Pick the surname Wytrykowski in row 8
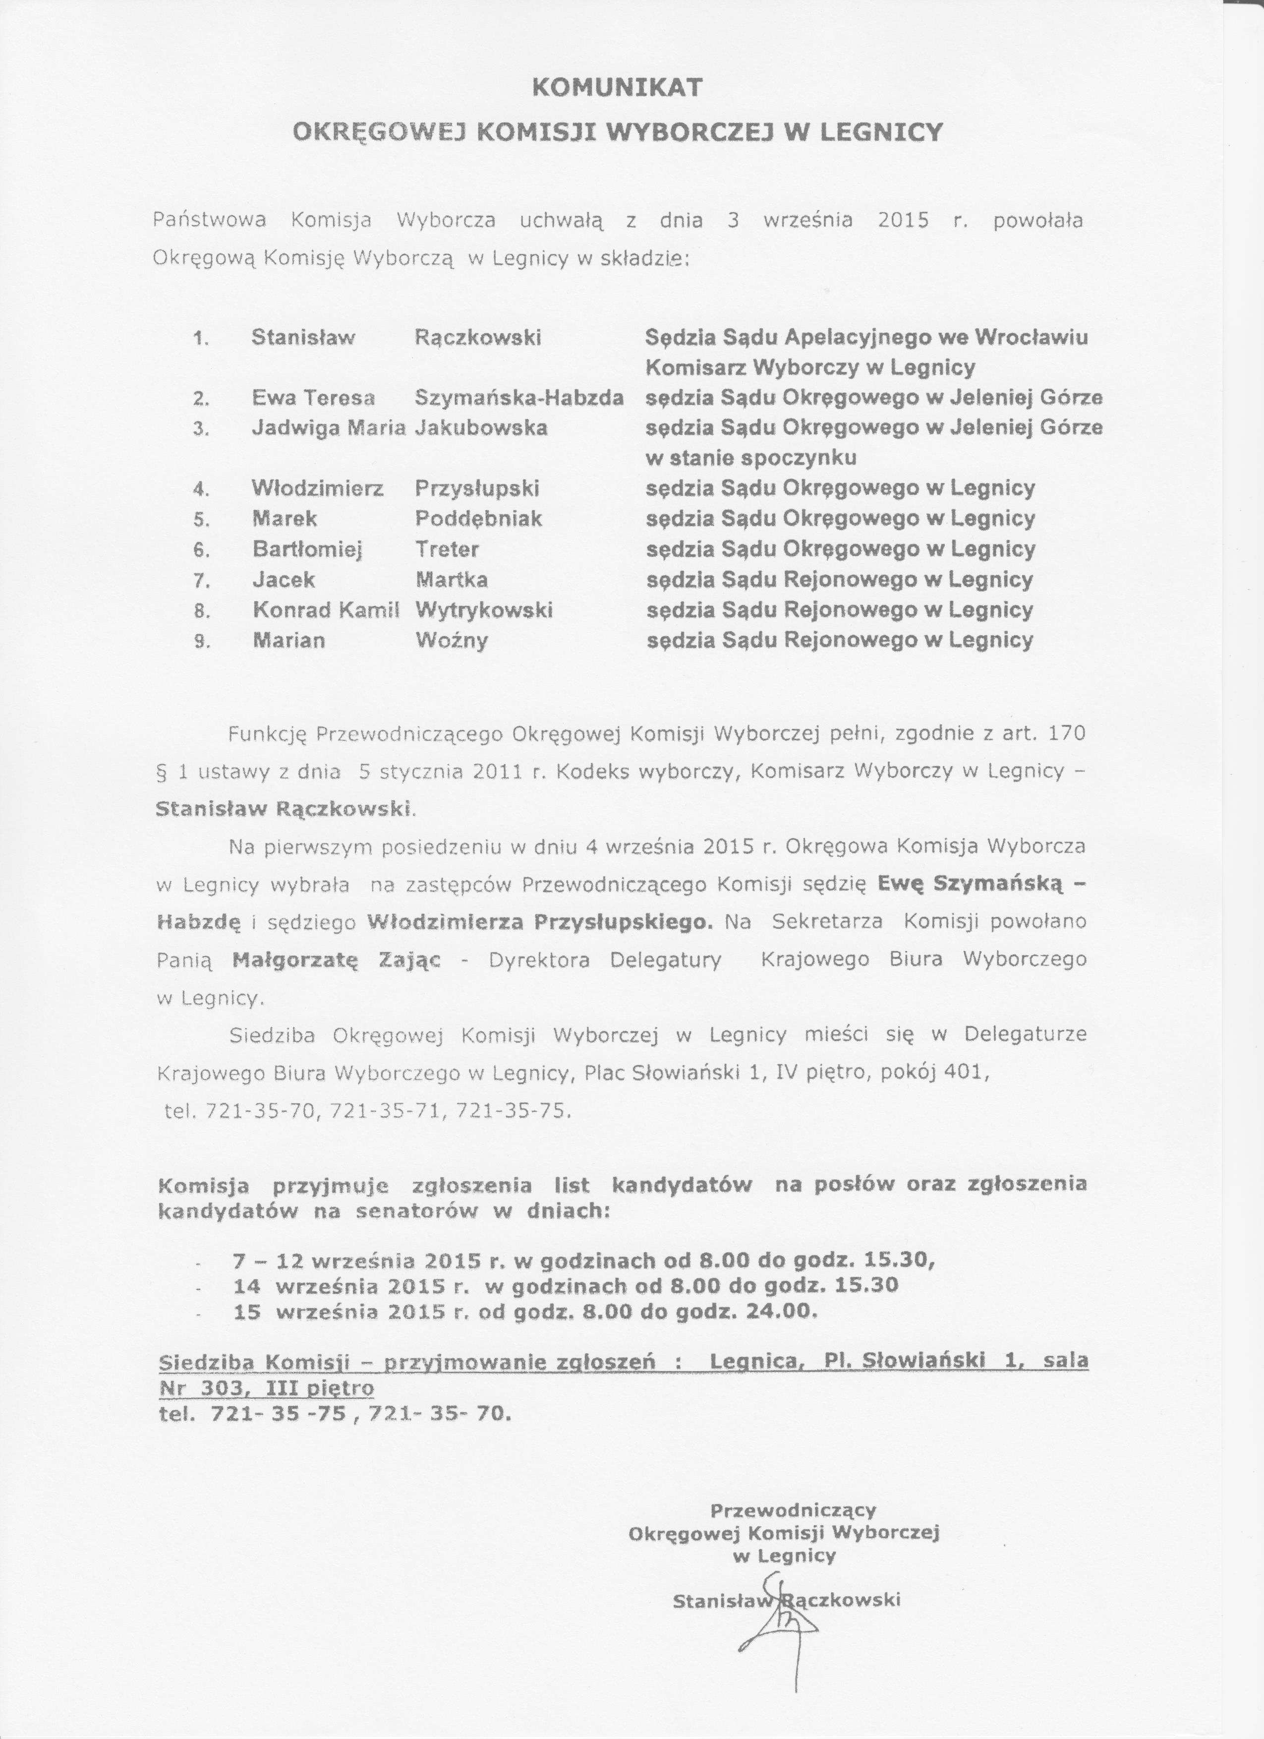[484, 610]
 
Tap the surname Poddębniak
[478, 519]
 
